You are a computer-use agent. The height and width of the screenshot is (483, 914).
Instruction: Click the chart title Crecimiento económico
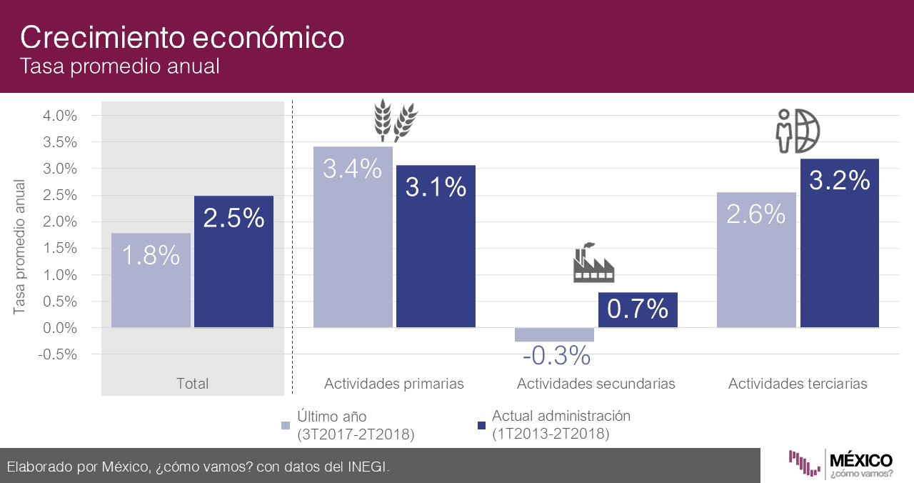tap(182, 36)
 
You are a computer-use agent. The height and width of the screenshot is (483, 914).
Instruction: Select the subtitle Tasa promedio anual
tap(119, 66)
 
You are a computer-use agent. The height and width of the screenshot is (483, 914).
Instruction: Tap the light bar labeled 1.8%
tap(151, 280)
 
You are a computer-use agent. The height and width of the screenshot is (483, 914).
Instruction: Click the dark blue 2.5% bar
tap(233, 262)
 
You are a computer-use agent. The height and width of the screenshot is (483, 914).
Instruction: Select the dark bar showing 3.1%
tap(436, 247)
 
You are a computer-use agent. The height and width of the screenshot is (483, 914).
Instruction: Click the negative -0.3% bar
tap(554, 334)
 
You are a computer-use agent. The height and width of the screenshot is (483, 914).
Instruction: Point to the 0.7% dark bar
tap(638, 310)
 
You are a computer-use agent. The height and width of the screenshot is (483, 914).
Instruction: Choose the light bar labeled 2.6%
tap(756, 260)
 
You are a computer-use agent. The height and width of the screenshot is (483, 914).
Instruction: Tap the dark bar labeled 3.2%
tap(839, 244)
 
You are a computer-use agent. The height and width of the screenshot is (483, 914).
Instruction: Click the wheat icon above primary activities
tap(396, 119)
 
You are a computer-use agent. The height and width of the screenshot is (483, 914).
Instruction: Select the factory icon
tap(593, 262)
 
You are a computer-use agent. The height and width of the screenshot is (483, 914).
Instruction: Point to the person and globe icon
tap(798, 131)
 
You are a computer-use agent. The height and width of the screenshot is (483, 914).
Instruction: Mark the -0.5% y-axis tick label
tap(58, 354)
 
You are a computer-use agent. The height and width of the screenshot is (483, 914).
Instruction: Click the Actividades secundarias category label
tap(596, 384)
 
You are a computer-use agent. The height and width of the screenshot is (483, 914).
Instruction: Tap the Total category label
tap(192, 384)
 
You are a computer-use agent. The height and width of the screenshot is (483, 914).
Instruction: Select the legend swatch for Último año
tap(286, 425)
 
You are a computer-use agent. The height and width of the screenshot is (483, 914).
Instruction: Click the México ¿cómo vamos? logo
tap(840, 464)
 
